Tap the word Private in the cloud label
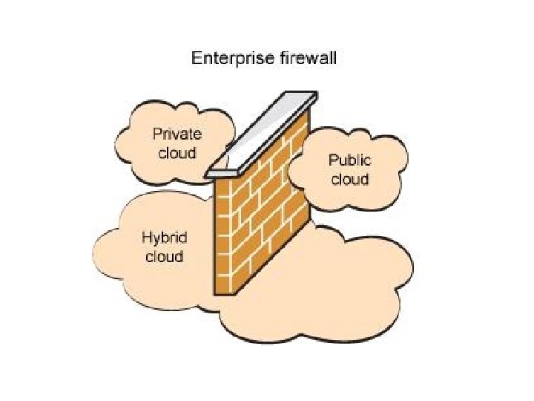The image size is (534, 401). pos(177,134)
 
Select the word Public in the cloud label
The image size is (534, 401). pos(349,160)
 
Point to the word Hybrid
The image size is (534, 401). pos(164,238)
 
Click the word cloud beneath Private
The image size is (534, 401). pos(177,153)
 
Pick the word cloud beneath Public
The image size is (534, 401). pos(349,179)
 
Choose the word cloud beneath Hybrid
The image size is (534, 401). pos(164,257)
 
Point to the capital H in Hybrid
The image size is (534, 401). pos(147,238)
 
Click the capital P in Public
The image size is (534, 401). pos(334,160)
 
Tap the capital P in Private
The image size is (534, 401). pos(157,134)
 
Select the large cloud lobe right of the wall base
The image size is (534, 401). pos(356,282)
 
